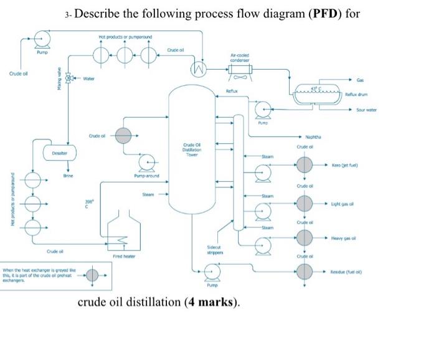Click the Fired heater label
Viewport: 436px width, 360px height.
coord(121,256)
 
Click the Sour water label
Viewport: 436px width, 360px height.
coord(366,110)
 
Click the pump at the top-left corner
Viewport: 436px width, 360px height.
coord(42,39)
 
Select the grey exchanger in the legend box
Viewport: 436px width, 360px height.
coord(92,274)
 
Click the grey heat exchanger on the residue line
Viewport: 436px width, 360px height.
coord(304,272)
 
